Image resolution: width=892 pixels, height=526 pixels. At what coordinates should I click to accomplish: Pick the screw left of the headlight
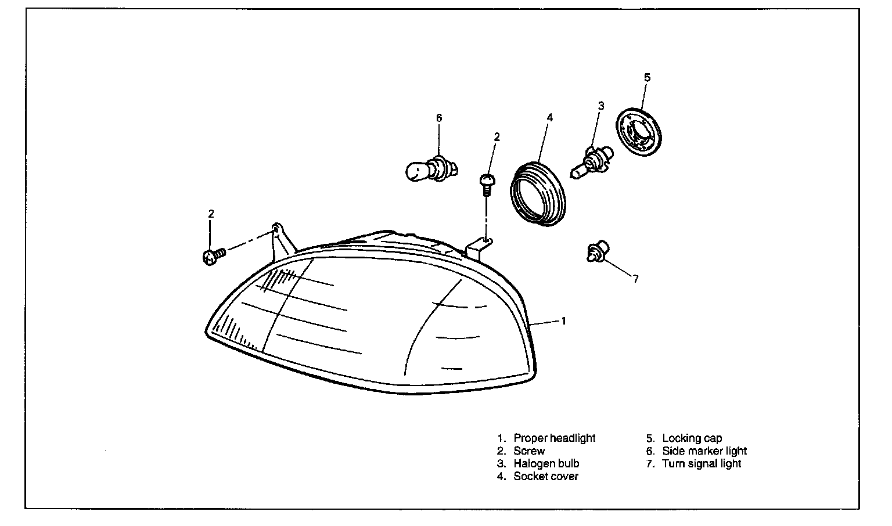click(213, 256)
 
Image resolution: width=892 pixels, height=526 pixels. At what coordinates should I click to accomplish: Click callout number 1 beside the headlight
click(564, 320)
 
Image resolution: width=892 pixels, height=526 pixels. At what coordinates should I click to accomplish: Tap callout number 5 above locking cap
click(648, 77)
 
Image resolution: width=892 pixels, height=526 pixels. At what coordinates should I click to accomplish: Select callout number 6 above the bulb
click(439, 118)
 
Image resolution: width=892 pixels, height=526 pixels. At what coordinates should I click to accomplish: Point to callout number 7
click(636, 279)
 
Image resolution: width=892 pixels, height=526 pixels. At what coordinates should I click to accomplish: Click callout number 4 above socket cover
click(549, 118)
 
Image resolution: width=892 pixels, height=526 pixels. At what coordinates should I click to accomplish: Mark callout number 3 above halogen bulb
click(601, 106)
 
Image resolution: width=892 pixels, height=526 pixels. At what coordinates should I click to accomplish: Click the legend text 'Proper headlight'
click(554, 438)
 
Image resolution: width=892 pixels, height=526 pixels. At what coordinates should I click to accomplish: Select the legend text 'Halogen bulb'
click(546, 463)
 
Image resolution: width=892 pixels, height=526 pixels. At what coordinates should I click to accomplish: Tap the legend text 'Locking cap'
click(692, 438)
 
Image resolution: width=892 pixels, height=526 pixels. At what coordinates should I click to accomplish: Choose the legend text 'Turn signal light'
click(701, 463)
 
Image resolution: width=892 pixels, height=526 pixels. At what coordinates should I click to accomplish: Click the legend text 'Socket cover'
click(545, 476)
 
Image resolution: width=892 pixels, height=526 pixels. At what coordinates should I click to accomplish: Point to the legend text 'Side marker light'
click(704, 451)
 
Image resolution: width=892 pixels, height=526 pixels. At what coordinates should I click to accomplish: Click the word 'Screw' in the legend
click(529, 451)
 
